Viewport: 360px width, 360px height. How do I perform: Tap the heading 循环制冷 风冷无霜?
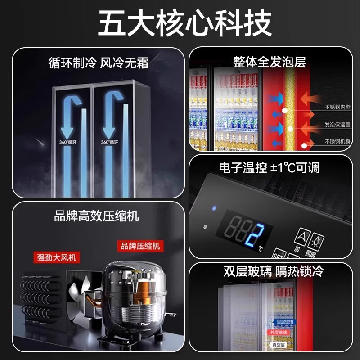tap(98, 63)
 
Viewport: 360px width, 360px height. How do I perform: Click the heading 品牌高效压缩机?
tap(96, 216)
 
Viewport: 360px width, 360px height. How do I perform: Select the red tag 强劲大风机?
tap(56, 257)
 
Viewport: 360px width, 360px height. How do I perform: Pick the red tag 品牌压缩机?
tap(140, 246)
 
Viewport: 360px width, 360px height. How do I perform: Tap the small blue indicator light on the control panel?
tap(214, 208)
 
